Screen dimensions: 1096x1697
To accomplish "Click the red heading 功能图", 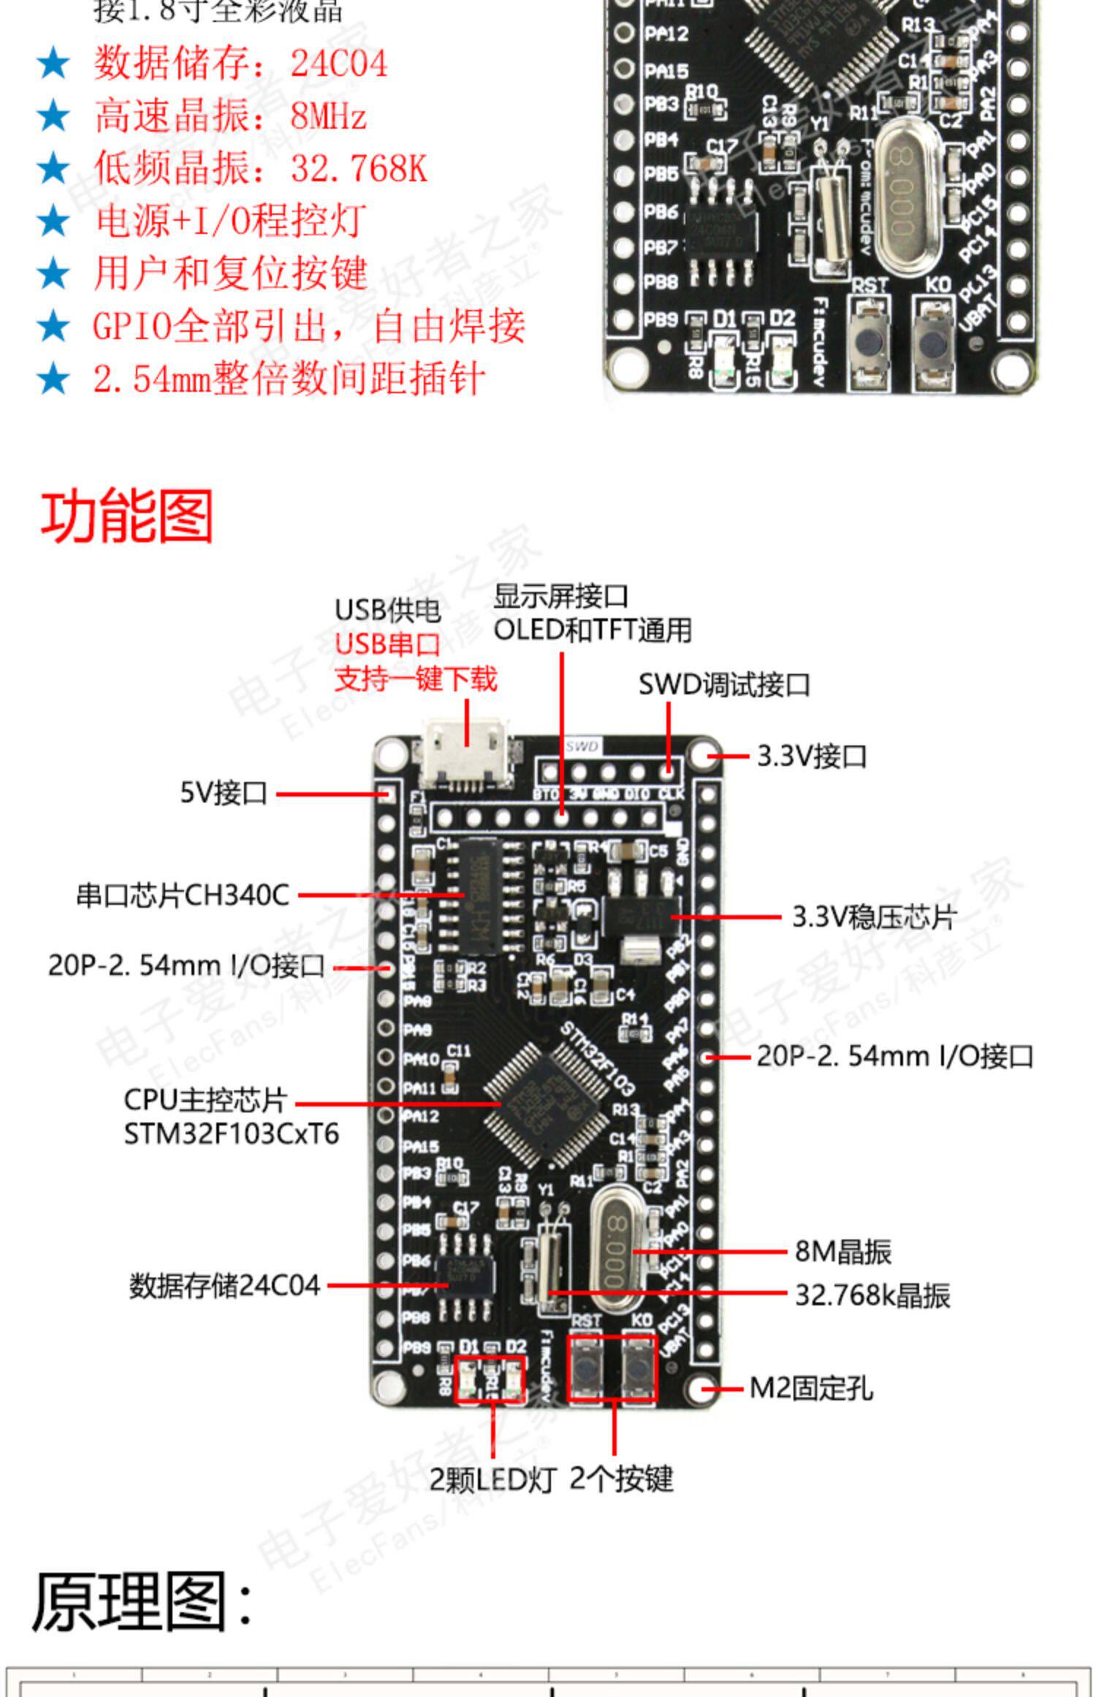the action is coord(126,517).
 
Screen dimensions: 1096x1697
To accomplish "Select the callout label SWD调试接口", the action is coord(724,686).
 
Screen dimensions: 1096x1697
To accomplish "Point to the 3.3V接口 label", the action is coord(811,756).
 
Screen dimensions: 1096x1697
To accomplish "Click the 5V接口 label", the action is coord(224,792).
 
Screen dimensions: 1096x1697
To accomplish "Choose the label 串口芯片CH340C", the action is coord(183,895).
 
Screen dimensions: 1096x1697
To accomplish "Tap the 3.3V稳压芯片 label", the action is coord(874,916).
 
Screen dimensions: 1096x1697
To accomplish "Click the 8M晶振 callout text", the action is coord(843,1251).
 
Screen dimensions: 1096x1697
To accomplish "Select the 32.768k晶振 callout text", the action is coord(872,1295).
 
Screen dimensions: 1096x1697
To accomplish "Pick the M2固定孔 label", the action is coord(811,1388).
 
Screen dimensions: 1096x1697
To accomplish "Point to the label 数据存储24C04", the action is coord(225,1286).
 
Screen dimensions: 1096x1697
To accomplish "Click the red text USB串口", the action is coord(387,644).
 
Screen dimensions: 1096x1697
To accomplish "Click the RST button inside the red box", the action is coord(586,1367).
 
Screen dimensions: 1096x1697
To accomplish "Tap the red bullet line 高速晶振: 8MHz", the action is coord(229,116).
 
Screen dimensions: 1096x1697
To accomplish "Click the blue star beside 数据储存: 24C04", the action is coord(53,64).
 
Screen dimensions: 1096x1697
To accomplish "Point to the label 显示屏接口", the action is coord(560,596).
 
